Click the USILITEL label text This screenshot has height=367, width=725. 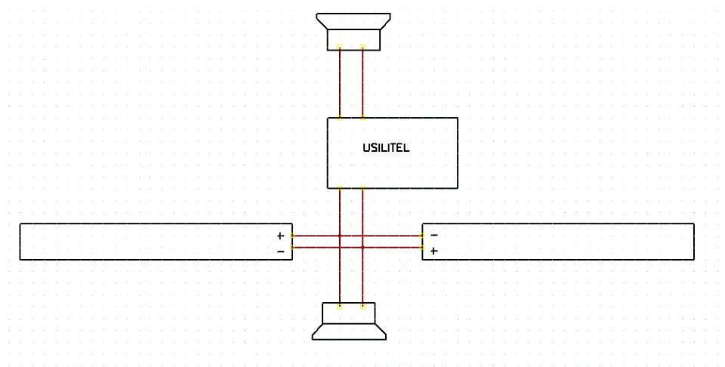pos(386,148)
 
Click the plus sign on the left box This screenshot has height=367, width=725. pos(280,236)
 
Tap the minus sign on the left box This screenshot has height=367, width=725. pos(280,251)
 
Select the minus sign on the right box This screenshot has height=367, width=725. pos(433,236)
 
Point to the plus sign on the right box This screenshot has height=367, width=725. pos(433,251)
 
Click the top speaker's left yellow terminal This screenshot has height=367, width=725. pos(339,47)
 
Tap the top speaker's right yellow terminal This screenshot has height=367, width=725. pos(363,47)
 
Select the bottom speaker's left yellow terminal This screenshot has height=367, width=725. pos(339,307)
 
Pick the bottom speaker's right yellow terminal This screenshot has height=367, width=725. pos(363,307)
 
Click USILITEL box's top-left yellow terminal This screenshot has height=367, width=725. pos(339,117)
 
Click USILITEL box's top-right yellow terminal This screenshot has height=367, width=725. pos(363,117)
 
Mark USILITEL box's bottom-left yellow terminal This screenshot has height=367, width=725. pos(339,188)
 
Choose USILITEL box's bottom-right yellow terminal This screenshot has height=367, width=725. pos(363,188)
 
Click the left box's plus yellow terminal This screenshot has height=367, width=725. pos(292,236)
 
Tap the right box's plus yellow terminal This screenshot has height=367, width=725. pos(422,247)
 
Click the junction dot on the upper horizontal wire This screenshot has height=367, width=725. pos(339,236)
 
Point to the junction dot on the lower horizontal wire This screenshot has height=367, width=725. pos(363,247)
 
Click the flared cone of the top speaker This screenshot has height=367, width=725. pos(353,21)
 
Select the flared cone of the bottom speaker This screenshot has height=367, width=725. pos(349,332)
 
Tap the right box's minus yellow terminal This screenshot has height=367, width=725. pos(422,236)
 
